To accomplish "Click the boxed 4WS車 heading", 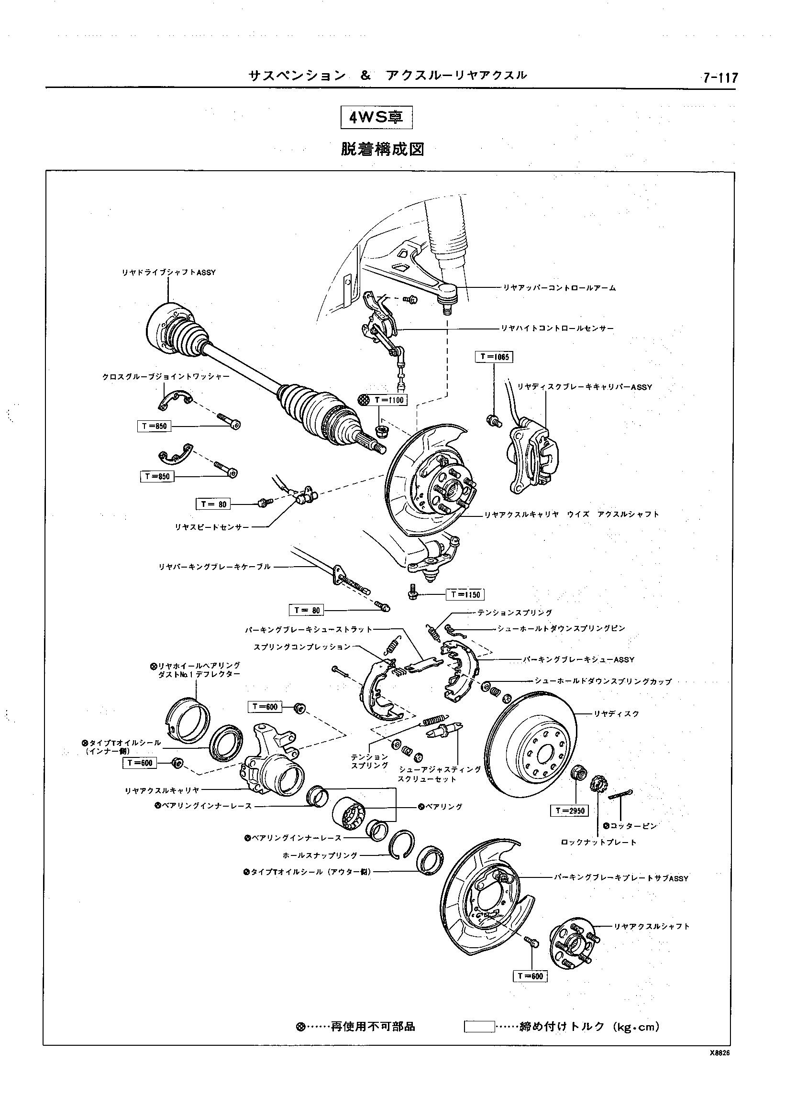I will click(x=376, y=117).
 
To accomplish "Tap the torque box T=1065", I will click(x=494, y=357).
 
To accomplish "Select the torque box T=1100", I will click(x=389, y=400).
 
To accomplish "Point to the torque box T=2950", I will click(x=569, y=811).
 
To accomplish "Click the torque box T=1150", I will click(x=464, y=594).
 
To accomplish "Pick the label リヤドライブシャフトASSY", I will click(x=168, y=273).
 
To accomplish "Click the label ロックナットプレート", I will click(x=598, y=842).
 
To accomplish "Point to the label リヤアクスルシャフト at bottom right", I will click(x=652, y=926).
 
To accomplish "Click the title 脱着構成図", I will click(x=382, y=149).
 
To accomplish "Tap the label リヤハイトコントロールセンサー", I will click(x=557, y=328).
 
